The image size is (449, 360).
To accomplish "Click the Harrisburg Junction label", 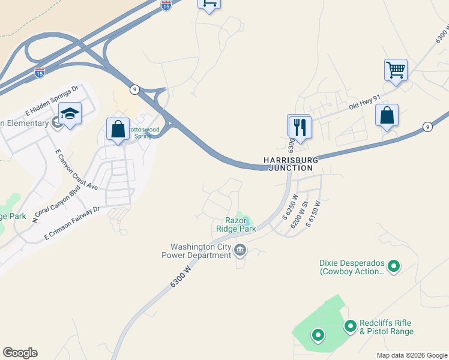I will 289,164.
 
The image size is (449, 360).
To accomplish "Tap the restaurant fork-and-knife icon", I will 299,127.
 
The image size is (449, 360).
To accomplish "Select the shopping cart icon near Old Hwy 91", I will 396,70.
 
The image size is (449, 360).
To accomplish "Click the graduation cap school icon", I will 70,113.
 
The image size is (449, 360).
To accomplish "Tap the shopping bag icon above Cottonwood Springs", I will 118,129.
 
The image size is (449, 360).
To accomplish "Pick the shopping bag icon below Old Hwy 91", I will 387,115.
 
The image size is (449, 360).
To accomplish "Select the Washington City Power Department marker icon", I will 240,250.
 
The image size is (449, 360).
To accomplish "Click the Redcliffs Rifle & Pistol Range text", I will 386,327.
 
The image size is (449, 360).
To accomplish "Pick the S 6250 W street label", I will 291,206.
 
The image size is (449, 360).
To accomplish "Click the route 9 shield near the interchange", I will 134,89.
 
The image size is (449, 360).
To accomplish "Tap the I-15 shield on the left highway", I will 40,73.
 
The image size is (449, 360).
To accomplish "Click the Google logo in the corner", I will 20,353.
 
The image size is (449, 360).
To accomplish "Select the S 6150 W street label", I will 312,213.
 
